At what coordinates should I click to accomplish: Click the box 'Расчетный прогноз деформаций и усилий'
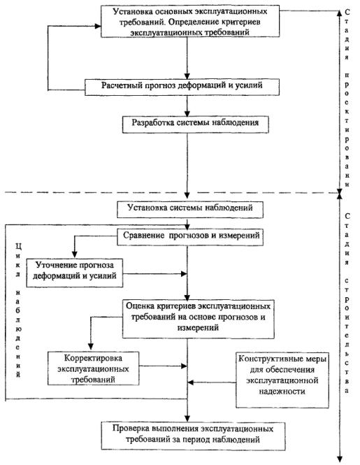coord(182,87)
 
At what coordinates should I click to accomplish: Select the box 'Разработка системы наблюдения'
coord(196,124)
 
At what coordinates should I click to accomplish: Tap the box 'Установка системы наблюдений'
coord(190,210)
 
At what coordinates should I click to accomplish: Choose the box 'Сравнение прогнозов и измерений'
coord(190,236)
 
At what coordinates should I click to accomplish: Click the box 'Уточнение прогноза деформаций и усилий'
coord(74,273)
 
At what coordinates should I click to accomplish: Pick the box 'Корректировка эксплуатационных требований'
coord(93,369)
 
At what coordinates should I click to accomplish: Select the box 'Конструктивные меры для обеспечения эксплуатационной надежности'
coord(282,380)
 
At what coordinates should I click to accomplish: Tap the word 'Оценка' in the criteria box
coord(138,306)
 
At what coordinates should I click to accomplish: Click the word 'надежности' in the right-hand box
coord(282,392)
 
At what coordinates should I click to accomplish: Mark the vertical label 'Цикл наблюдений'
coord(18,310)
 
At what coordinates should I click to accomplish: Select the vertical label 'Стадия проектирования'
coord(347,99)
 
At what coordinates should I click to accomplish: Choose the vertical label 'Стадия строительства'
coord(347,303)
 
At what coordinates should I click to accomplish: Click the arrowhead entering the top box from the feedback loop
coord(98,26)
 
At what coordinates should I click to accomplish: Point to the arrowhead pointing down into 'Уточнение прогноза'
coord(75,255)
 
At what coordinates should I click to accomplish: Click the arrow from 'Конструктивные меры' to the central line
coord(212,382)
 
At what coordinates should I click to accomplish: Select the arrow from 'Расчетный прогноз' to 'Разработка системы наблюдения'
coord(187,106)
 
